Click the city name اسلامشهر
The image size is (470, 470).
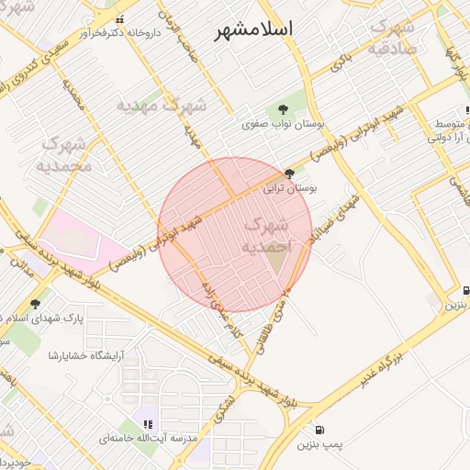(254, 29)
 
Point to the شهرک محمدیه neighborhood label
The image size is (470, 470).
(64, 153)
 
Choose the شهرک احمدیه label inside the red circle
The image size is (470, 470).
(267, 236)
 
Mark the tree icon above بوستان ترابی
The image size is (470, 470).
(290, 173)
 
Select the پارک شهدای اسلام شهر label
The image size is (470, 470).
(60, 317)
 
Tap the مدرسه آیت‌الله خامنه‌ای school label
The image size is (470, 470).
(148, 440)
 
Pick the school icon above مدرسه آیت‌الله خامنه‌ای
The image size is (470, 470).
(148, 423)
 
